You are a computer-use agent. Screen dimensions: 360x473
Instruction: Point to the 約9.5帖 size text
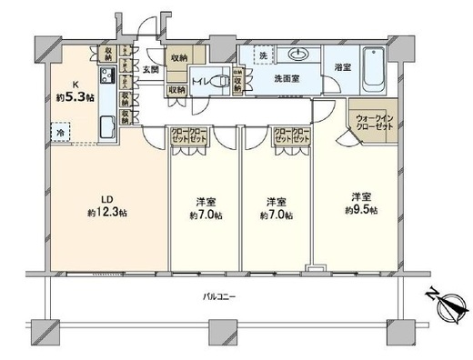[359, 211]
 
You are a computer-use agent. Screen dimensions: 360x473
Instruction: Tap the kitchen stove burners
[107, 75]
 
